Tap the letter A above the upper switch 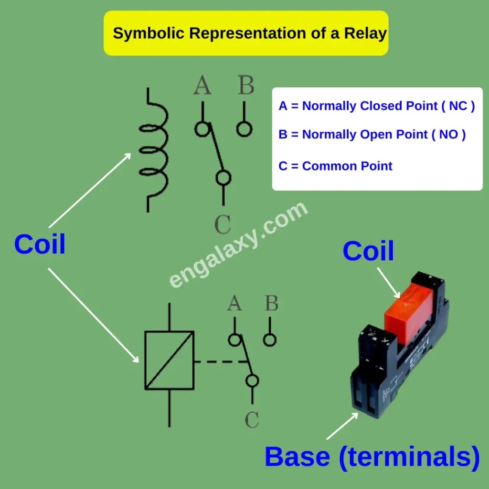coord(202,86)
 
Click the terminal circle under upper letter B coord(244,129)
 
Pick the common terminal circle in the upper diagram coord(223,178)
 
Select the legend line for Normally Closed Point coord(376,106)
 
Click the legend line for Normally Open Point coord(372,135)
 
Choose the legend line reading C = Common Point coord(335,166)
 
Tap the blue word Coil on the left coord(40,244)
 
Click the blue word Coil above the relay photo coord(368,251)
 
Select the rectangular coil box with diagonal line coord(170,360)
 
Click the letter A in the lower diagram coord(234,303)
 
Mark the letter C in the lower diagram coord(252,420)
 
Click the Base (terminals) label coord(372,457)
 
